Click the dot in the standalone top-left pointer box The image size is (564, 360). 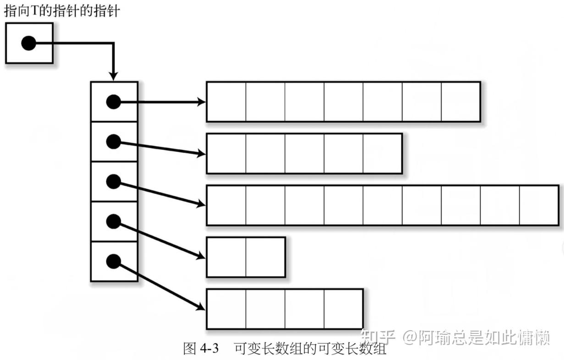[28, 44]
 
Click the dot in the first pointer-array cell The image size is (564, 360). [113, 102]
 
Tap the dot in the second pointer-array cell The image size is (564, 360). [113, 142]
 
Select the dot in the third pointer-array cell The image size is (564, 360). [113, 182]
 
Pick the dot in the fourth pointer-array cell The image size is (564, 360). [113, 222]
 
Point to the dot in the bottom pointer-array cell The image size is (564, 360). [113, 262]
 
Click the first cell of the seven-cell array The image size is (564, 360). [226, 102]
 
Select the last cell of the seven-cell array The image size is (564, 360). [460, 102]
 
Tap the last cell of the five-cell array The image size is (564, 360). [382, 154]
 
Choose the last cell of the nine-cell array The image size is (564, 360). [539, 205]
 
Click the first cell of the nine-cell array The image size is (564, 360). [226, 205]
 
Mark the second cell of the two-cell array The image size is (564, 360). [265, 257]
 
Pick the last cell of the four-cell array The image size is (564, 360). [343, 309]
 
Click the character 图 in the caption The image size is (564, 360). [189, 349]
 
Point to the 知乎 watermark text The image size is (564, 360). [378, 338]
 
